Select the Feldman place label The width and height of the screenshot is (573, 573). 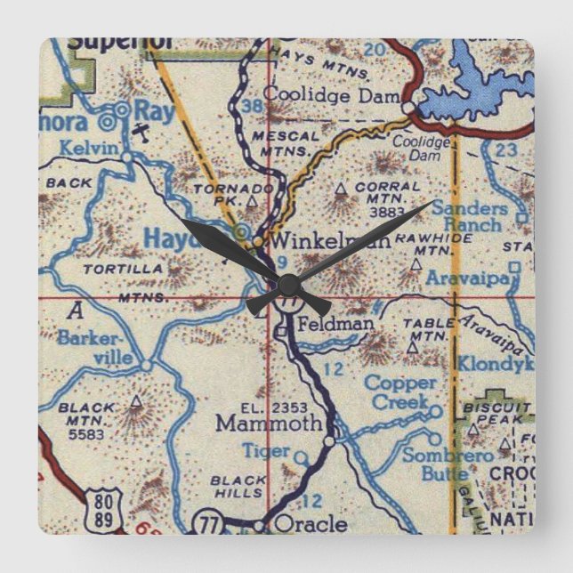click(335, 323)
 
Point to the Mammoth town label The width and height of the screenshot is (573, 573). click(269, 424)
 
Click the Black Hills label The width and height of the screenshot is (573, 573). click(238, 487)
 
